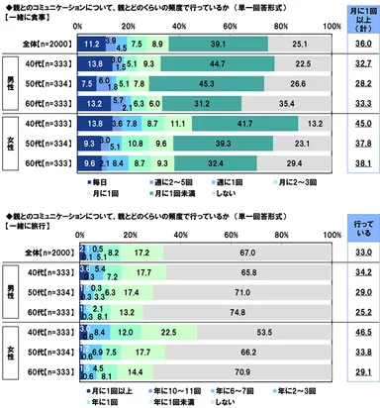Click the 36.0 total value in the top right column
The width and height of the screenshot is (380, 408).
353,44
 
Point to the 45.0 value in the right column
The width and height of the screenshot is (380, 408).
353,122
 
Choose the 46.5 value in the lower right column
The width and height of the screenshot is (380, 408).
353,332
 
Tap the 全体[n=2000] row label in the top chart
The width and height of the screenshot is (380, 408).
46,44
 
